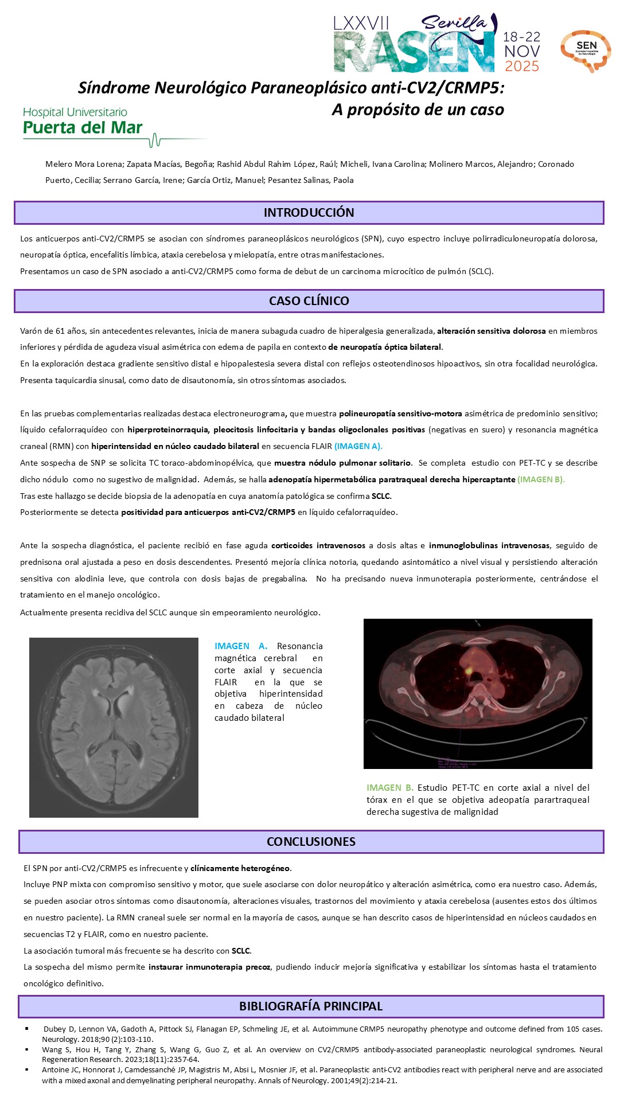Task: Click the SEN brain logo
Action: [x=586, y=50]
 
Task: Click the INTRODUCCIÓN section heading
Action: [x=309, y=213]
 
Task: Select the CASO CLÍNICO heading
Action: [x=309, y=301]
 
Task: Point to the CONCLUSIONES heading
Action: [x=311, y=842]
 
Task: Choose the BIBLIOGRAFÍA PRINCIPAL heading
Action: [x=311, y=1006]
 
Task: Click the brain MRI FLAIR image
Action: [x=114, y=727]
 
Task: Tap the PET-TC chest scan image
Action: [x=478, y=693]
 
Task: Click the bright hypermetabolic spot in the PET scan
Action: [x=469, y=669]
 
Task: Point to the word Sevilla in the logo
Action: [x=453, y=23]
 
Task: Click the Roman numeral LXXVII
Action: [x=361, y=23]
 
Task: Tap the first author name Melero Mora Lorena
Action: [x=84, y=164]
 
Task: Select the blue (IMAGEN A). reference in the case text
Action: [x=358, y=446]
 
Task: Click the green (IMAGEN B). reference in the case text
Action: [x=541, y=479]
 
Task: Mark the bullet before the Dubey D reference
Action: [x=27, y=1028]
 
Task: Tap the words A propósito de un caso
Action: [x=418, y=110]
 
